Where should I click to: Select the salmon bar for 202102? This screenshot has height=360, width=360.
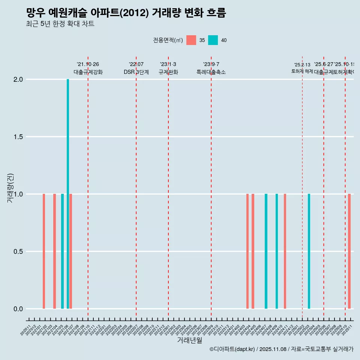click(x=44, y=251)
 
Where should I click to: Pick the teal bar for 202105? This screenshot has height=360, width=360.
click(x=62, y=251)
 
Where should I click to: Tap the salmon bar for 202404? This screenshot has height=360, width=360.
click(x=247, y=251)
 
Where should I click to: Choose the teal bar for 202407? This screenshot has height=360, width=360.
click(x=266, y=251)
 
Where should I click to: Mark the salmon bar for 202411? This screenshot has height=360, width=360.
click(x=285, y=251)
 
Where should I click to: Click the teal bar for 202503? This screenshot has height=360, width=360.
click(x=309, y=251)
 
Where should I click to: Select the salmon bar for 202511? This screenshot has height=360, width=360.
click(x=349, y=251)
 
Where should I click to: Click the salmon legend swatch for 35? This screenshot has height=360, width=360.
click(x=191, y=40)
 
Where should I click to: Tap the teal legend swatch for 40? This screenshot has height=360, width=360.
click(x=213, y=40)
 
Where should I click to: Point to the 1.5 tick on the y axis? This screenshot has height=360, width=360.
click(x=18, y=137)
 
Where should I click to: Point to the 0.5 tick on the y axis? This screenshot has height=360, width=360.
click(x=18, y=252)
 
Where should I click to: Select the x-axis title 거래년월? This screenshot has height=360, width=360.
click(x=189, y=340)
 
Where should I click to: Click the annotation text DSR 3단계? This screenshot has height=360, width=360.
click(x=136, y=72)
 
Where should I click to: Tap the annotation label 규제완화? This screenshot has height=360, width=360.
click(x=168, y=72)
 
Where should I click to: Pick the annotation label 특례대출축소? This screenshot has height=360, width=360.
click(x=211, y=72)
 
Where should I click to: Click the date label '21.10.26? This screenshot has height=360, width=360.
click(x=88, y=64)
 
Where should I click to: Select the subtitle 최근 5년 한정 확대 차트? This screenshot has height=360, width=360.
click(x=60, y=24)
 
